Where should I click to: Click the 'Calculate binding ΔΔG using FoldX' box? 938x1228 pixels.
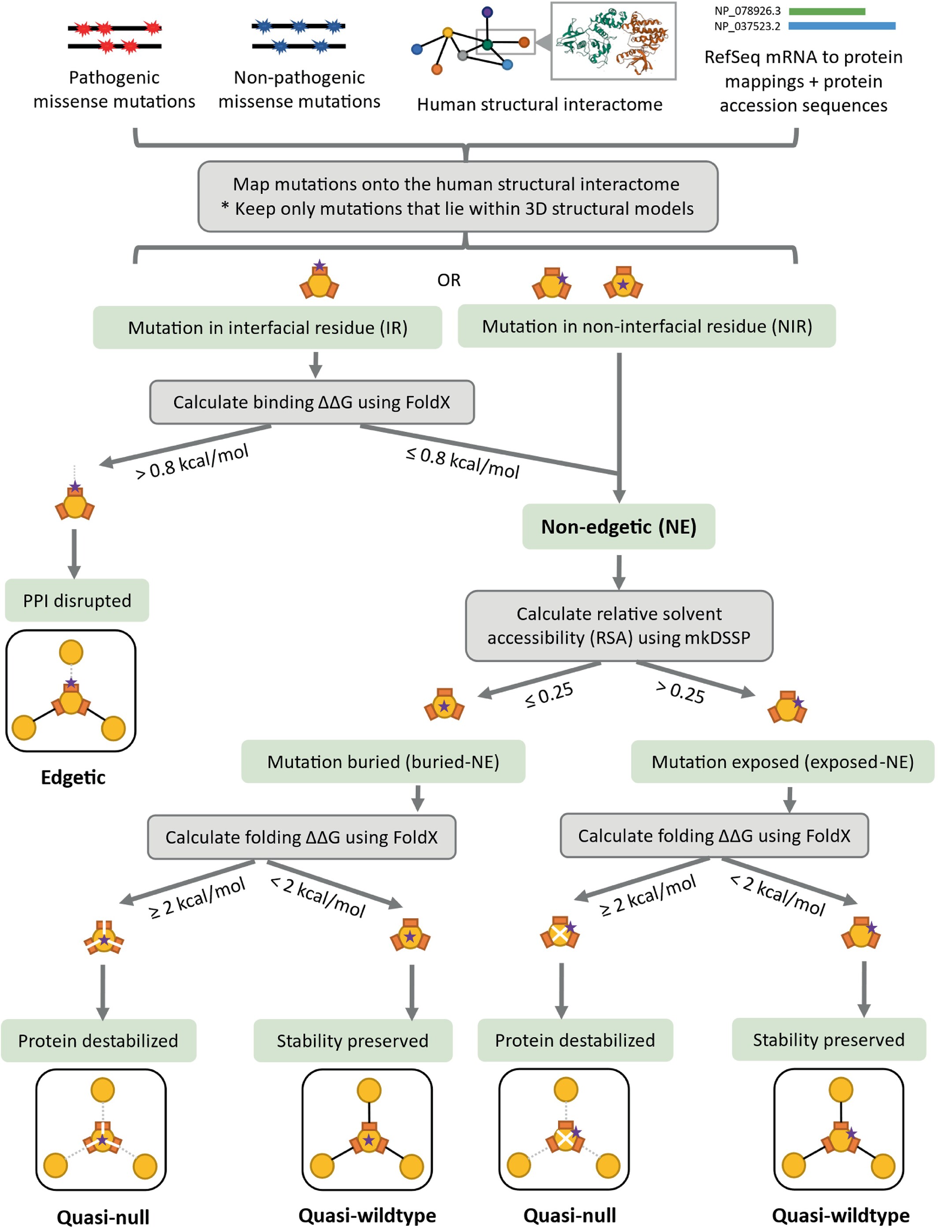[x=312, y=402]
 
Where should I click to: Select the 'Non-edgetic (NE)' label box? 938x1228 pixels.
[x=618, y=527]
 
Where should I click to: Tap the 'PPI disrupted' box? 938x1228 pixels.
[x=77, y=600]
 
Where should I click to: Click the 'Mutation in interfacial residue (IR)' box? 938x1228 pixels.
[x=268, y=327]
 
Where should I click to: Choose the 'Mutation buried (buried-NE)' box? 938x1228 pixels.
[x=383, y=761]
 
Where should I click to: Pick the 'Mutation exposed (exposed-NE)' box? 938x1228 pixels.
[x=782, y=761]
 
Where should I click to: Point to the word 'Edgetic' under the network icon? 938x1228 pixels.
[x=73, y=777]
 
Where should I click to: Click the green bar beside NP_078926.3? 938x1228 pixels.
[x=827, y=11]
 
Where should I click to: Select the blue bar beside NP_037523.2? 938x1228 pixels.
[x=842, y=26]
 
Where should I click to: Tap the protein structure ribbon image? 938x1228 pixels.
[x=613, y=41]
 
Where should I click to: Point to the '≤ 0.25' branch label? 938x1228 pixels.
[x=549, y=695]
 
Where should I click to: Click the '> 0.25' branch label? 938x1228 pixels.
[x=680, y=692]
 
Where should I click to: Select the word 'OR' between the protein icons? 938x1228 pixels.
[x=449, y=280]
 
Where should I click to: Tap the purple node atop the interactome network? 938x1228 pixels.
[x=488, y=12]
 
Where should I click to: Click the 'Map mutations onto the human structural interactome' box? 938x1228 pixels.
[x=458, y=197]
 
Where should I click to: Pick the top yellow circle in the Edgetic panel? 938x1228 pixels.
[x=71, y=652]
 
